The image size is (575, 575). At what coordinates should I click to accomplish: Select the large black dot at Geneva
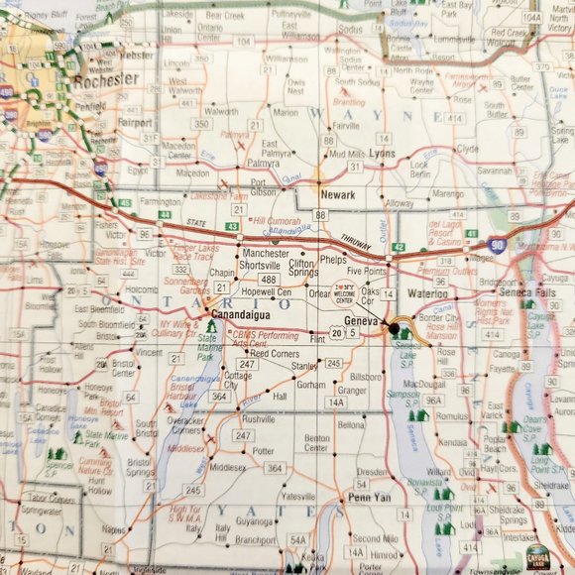click(x=393, y=327)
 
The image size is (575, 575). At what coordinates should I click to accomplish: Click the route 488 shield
click(x=269, y=280)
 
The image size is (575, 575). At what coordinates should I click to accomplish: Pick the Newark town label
click(x=337, y=195)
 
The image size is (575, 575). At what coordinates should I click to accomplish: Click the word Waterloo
click(x=427, y=294)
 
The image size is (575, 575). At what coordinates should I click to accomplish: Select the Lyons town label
click(x=381, y=156)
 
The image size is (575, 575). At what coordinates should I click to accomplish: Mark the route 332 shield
click(x=181, y=270)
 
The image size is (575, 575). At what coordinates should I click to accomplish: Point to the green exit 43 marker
click(x=231, y=228)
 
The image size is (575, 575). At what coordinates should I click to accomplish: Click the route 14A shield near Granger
click(x=336, y=402)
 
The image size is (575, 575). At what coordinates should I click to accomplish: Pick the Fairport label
click(x=136, y=124)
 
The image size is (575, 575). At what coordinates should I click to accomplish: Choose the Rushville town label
click(x=260, y=419)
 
